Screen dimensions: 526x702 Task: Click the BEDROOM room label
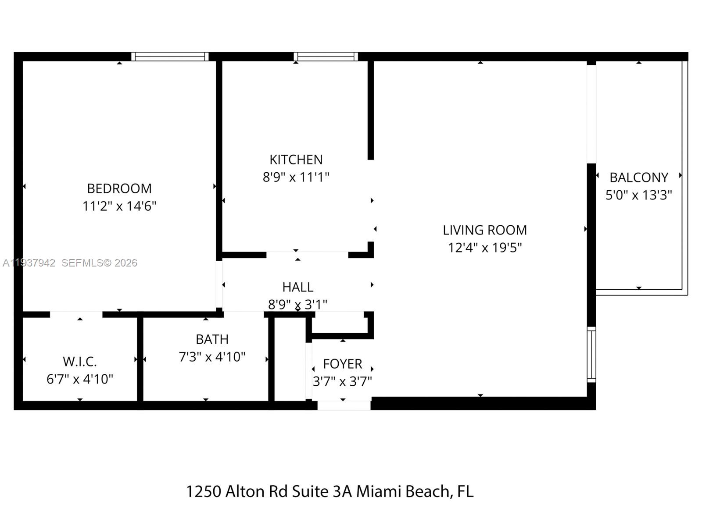click(x=119, y=188)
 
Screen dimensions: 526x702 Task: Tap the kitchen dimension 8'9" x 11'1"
click(x=296, y=177)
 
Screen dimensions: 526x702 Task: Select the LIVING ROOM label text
click(x=484, y=230)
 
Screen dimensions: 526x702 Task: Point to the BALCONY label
click(x=638, y=178)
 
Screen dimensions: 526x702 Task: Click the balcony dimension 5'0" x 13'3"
click(x=638, y=195)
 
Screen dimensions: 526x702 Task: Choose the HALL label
click(x=297, y=287)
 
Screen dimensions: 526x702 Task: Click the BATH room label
click(x=212, y=339)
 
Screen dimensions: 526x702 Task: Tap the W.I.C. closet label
click(x=79, y=362)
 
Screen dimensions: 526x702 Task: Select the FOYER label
click(x=342, y=364)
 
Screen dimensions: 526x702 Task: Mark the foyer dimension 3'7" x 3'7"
click(x=342, y=381)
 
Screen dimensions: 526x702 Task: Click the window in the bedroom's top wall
click(x=170, y=57)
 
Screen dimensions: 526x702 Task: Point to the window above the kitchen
click(x=326, y=57)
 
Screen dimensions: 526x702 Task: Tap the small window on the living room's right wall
click(x=591, y=355)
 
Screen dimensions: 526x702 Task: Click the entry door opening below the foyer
click(x=344, y=405)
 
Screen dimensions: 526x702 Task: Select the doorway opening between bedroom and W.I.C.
click(x=76, y=314)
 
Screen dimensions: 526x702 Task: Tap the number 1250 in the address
click(x=204, y=491)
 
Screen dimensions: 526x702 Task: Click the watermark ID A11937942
click(x=29, y=263)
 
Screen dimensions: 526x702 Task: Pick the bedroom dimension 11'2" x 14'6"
click(x=119, y=206)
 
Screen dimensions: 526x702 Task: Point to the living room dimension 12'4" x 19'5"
click(x=484, y=248)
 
